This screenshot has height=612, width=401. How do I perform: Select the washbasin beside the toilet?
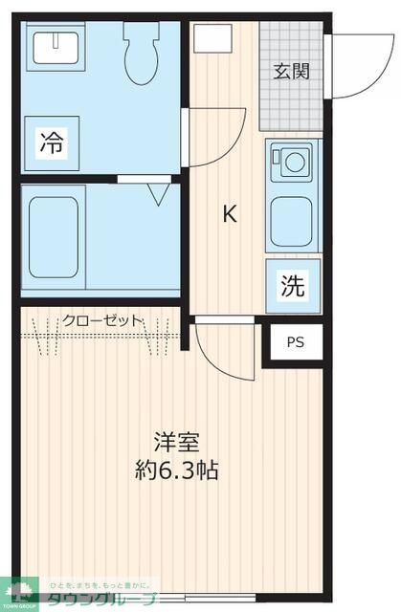point(58,46)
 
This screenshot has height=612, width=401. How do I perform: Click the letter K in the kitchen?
point(230,213)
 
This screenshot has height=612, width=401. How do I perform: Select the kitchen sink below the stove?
point(291,222)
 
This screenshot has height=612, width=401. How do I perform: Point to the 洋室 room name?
point(178,443)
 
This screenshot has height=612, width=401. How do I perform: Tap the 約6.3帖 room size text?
point(177,471)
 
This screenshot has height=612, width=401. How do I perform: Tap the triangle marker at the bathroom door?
point(158,193)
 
